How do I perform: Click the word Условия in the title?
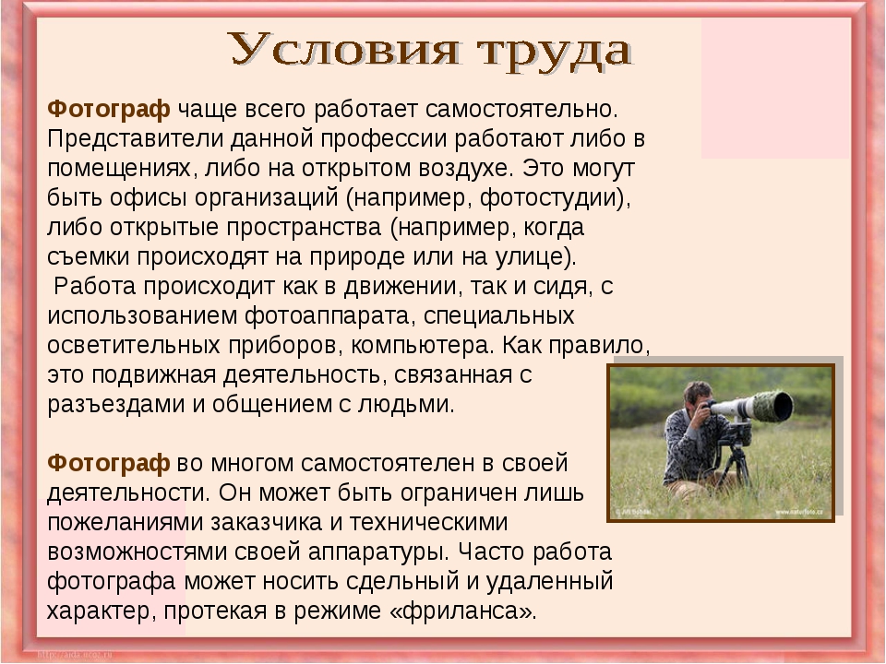tap(344, 50)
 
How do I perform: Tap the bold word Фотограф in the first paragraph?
tap(109, 109)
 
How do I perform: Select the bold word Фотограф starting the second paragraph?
tap(109, 463)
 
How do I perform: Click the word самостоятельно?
tap(521, 110)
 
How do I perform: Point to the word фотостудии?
tap(555, 198)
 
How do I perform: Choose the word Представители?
tap(135, 139)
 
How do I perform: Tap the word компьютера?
tap(423, 345)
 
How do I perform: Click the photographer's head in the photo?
tap(699, 396)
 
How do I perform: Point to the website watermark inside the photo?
tap(797, 512)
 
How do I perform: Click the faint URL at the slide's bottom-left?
tap(75, 655)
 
